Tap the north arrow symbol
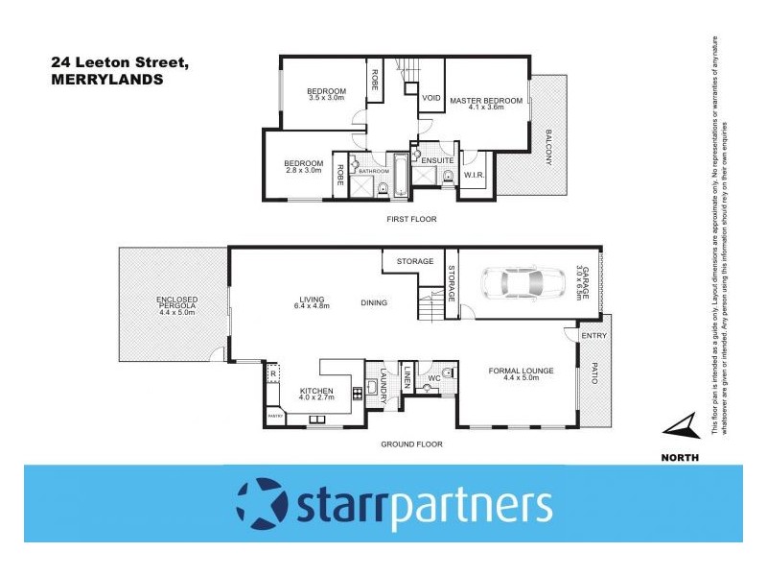[x=681, y=425]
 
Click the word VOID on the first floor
[x=431, y=98]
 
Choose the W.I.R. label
[x=473, y=175]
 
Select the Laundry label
[x=383, y=380]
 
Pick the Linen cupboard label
[x=407, y=376]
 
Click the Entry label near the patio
[x=593, y=335]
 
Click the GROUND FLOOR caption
[x=410, y=444]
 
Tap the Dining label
[x=374, y=303]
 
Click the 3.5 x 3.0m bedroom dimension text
[x=326, y=98]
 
